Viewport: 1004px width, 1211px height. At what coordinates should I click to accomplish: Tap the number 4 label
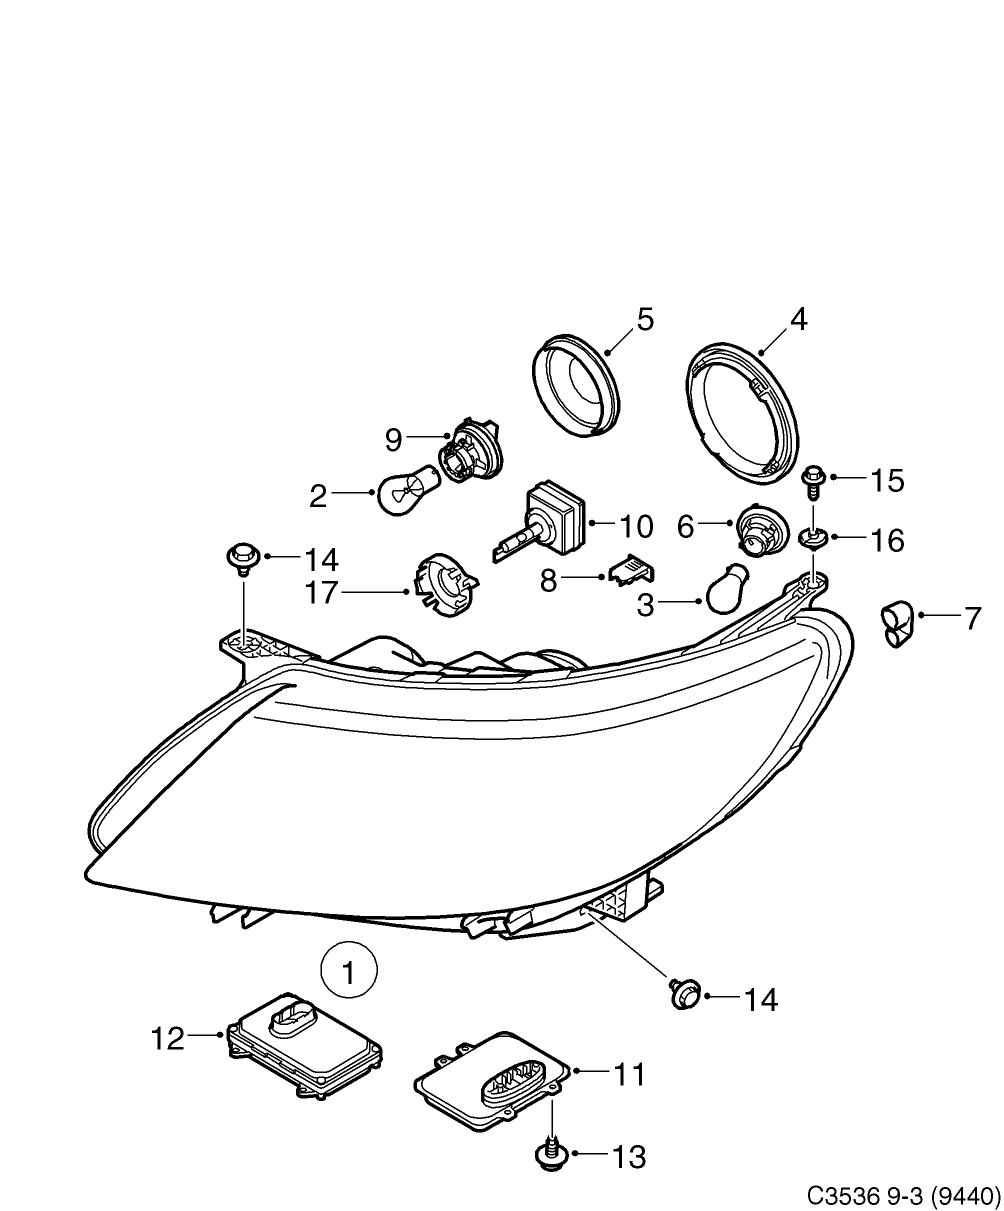coord(798,319)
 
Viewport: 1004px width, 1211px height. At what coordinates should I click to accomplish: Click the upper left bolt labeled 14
coord(242,557)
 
